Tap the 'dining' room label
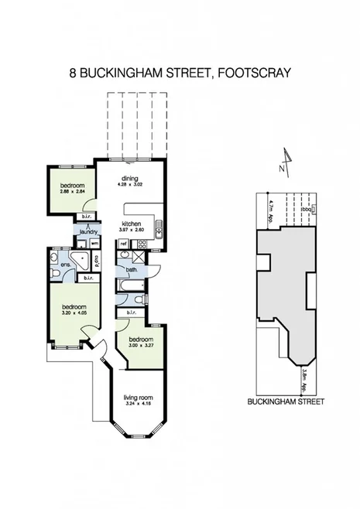click(x=129, y=178)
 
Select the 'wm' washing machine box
click(x=94, y=244)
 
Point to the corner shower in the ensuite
click(x=78, y=259)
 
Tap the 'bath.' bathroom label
click(x=132, y=270)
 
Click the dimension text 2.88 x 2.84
click(x=74, y=193)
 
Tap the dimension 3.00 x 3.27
click(x=140, y=346)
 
